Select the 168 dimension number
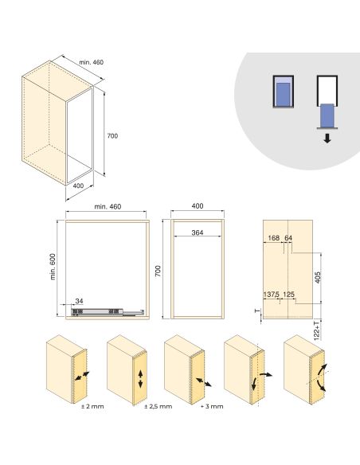(x=274, y=237)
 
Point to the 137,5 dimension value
(x=272, y=295)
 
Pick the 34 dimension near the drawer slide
(x=78, y=300)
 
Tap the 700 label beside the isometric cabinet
(x=112, y=136)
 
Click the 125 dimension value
(x=289, y=295)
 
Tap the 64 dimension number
(x=288, y=237)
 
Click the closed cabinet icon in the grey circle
(x=283, y=93)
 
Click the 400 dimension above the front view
(x=197, y=206)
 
